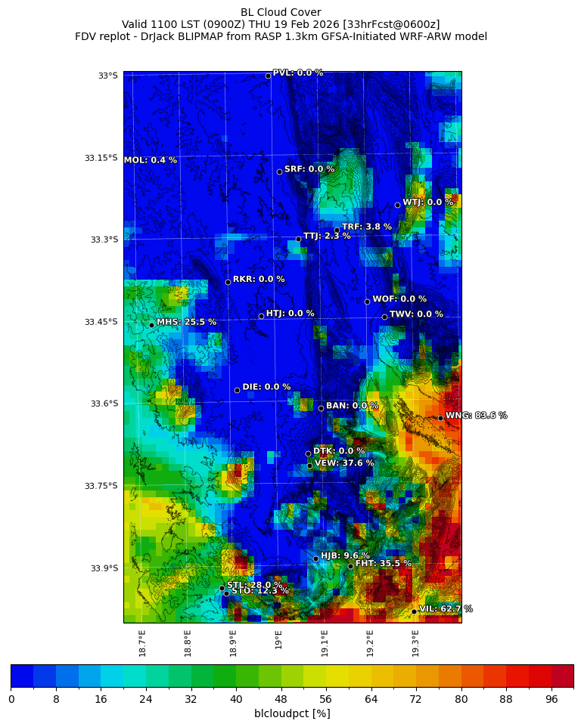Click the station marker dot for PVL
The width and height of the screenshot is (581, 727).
[x=268, y=76]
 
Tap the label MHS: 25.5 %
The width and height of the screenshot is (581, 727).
[x=186, y=322]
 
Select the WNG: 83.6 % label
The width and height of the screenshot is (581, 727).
[x=476, y=416]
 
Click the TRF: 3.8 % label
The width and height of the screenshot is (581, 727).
[x=366, y=227]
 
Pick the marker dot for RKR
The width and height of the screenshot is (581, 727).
[x=228, y=282]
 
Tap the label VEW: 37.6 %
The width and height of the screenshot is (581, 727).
[x=344, y=463]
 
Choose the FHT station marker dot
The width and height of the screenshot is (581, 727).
[x=350, y=566]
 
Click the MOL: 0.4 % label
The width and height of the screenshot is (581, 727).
[x=151, y=160]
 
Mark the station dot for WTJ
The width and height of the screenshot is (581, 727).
[x=397, y=205]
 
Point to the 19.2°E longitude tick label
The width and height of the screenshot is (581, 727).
[x=370, y=642]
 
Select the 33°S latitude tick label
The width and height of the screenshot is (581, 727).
[x=107, y=76]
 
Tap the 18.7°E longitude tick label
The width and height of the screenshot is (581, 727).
[x=142, y=642]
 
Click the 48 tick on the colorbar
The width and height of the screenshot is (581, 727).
[x=281, y=699]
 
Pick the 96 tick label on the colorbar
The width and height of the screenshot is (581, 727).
[x=551, y=699]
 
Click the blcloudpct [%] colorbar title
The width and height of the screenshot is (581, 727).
[x=292, y=713]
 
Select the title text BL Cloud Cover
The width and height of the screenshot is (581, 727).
[x=281, y=12]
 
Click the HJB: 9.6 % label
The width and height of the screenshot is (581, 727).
[x=345, y=555]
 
